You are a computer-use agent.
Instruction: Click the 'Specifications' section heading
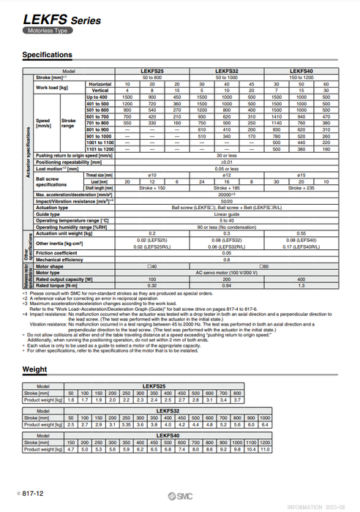click(x=48, y=55)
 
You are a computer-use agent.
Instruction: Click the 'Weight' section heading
click(x=34, y=369)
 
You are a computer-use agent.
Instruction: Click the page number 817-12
click(x=31, y=494)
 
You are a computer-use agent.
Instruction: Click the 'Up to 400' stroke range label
click(x=97, y=97)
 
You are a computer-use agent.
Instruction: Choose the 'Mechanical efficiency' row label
click(x=60, y=260)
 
